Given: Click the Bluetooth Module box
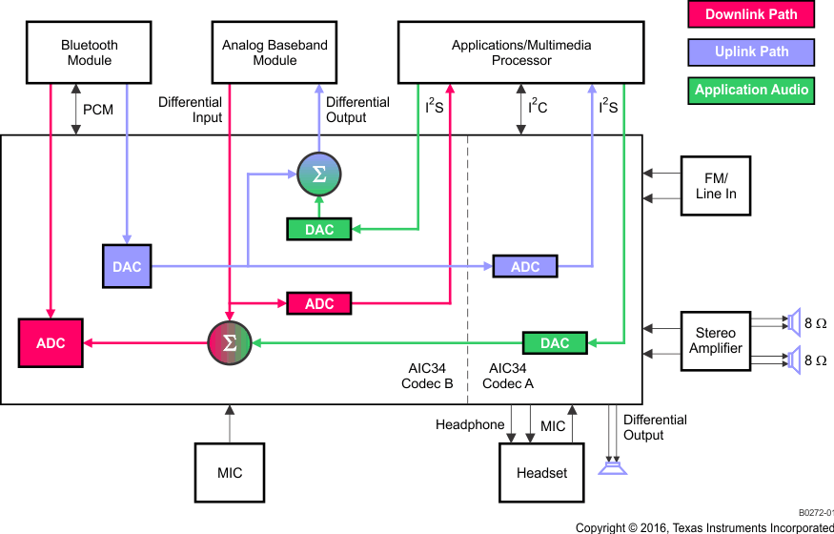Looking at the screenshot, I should coord(89,52).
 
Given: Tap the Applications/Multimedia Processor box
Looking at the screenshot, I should coord(521,52).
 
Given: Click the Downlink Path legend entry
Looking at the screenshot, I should coord(752,14).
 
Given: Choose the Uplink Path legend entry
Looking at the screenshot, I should coord(752,51).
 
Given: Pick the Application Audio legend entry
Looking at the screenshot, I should coord(752,90).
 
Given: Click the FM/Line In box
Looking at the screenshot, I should coord(715,185).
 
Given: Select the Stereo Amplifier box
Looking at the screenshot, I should coord(715,341).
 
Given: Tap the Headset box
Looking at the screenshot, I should coord(541,472).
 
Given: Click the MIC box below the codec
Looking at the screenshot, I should coord(230,472).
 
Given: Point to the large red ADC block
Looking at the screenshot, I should coord(51,343).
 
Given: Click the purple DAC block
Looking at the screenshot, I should coord(127,267).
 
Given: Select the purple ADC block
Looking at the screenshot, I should coord(525,267).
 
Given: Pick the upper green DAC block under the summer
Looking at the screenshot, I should coord(319,229).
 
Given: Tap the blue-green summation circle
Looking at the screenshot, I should coord(318,175).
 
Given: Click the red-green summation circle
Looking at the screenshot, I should coord(229,343).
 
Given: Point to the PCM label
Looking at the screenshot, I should coord(98,110).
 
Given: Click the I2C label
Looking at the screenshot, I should coord(539,108).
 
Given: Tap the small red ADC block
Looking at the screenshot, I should coord(319,304).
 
